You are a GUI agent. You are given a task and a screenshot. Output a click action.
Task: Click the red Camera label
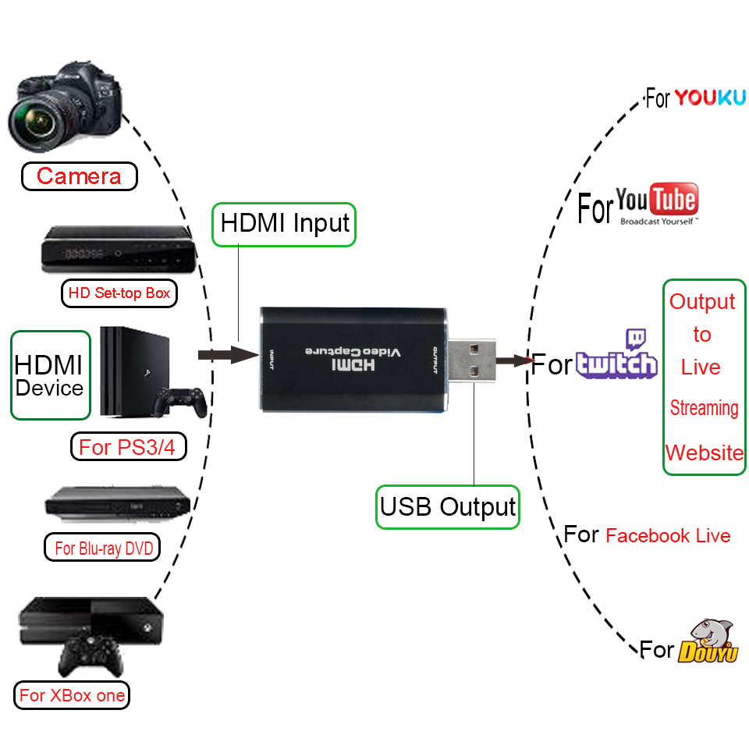[x=79, y=176]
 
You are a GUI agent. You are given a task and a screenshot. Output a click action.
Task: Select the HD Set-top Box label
[x=119, y=293]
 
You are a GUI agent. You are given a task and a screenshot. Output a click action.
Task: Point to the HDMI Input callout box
[x=285, y=224]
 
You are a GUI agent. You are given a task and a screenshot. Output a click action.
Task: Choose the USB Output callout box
[x=448, y=507]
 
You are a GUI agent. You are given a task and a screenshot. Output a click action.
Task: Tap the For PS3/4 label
[x=128, y=448]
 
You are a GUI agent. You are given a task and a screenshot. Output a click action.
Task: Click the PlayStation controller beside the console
[x=180, y=401]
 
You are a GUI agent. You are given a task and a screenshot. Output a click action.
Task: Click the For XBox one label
[x=72, y=695]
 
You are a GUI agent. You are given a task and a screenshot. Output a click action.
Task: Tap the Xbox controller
[x=92, y=655]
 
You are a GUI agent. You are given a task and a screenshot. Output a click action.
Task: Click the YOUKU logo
[x=709, y=98]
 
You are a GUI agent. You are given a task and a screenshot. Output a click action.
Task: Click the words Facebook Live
[x=668, y=536]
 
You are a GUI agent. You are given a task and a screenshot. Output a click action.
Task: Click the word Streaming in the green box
[x=704, y=408]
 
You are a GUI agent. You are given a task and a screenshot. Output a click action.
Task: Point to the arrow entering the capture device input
[x=227, y=356]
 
